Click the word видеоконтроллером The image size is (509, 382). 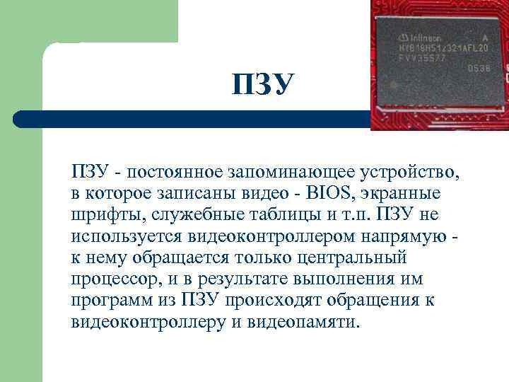266,236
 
